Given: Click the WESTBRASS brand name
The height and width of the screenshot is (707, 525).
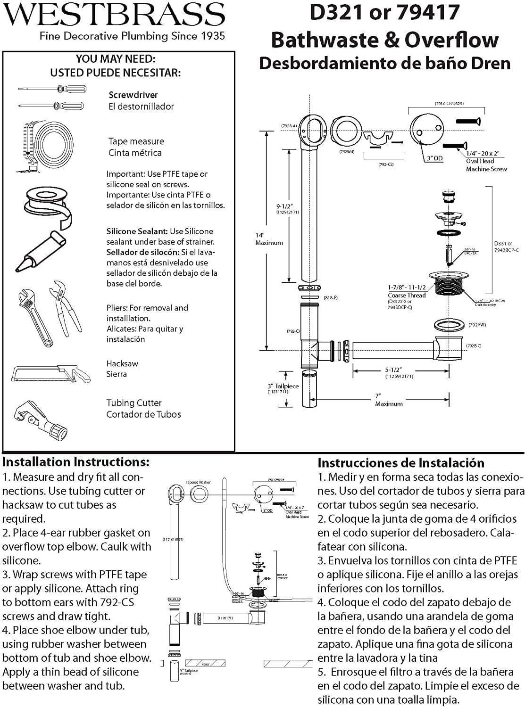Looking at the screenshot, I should point(114,15).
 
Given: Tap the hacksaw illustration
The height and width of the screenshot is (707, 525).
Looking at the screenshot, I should point(51,373).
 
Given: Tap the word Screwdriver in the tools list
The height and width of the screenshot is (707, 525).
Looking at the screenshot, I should point(133,95).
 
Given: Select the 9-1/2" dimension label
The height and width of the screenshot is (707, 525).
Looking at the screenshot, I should point(284,206).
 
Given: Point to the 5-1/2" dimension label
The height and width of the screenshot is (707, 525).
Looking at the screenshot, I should point(393,370).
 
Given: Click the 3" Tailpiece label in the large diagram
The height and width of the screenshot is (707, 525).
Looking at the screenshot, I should point(283,386).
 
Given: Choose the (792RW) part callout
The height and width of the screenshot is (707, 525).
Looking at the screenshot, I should point(477,325).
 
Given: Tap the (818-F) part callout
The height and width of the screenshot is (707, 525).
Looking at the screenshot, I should point(330,298).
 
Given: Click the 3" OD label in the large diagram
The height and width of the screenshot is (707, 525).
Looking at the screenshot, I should point(434,158).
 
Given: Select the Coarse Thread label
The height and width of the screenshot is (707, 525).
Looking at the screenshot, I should point(407,295).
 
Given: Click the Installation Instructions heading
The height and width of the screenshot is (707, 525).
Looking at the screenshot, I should point(75,462).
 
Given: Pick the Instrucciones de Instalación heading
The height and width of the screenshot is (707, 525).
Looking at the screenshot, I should point(400,463).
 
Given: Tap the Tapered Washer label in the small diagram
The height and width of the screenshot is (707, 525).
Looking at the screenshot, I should point(198,482).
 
